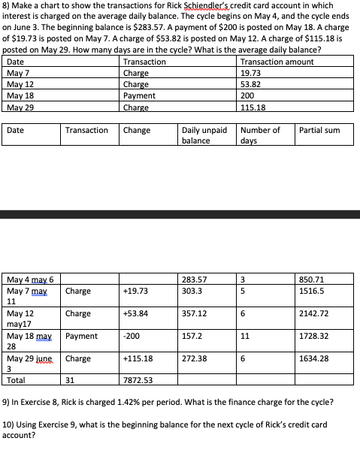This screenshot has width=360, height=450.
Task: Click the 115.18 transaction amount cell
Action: pyautogui.click(x=252, y=107)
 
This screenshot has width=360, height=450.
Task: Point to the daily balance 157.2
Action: pyautogui.click(x=192, y=337)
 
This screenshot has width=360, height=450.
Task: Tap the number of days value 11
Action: pyautogui.click(x=246, y=337)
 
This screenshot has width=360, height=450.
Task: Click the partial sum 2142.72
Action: pyautogui.click(x=315, y=313)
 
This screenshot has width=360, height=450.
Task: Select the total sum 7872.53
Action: pyautogui.click(x=138, y=381)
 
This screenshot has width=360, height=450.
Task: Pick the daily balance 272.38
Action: pyautogui.click(x=194, y=359)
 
